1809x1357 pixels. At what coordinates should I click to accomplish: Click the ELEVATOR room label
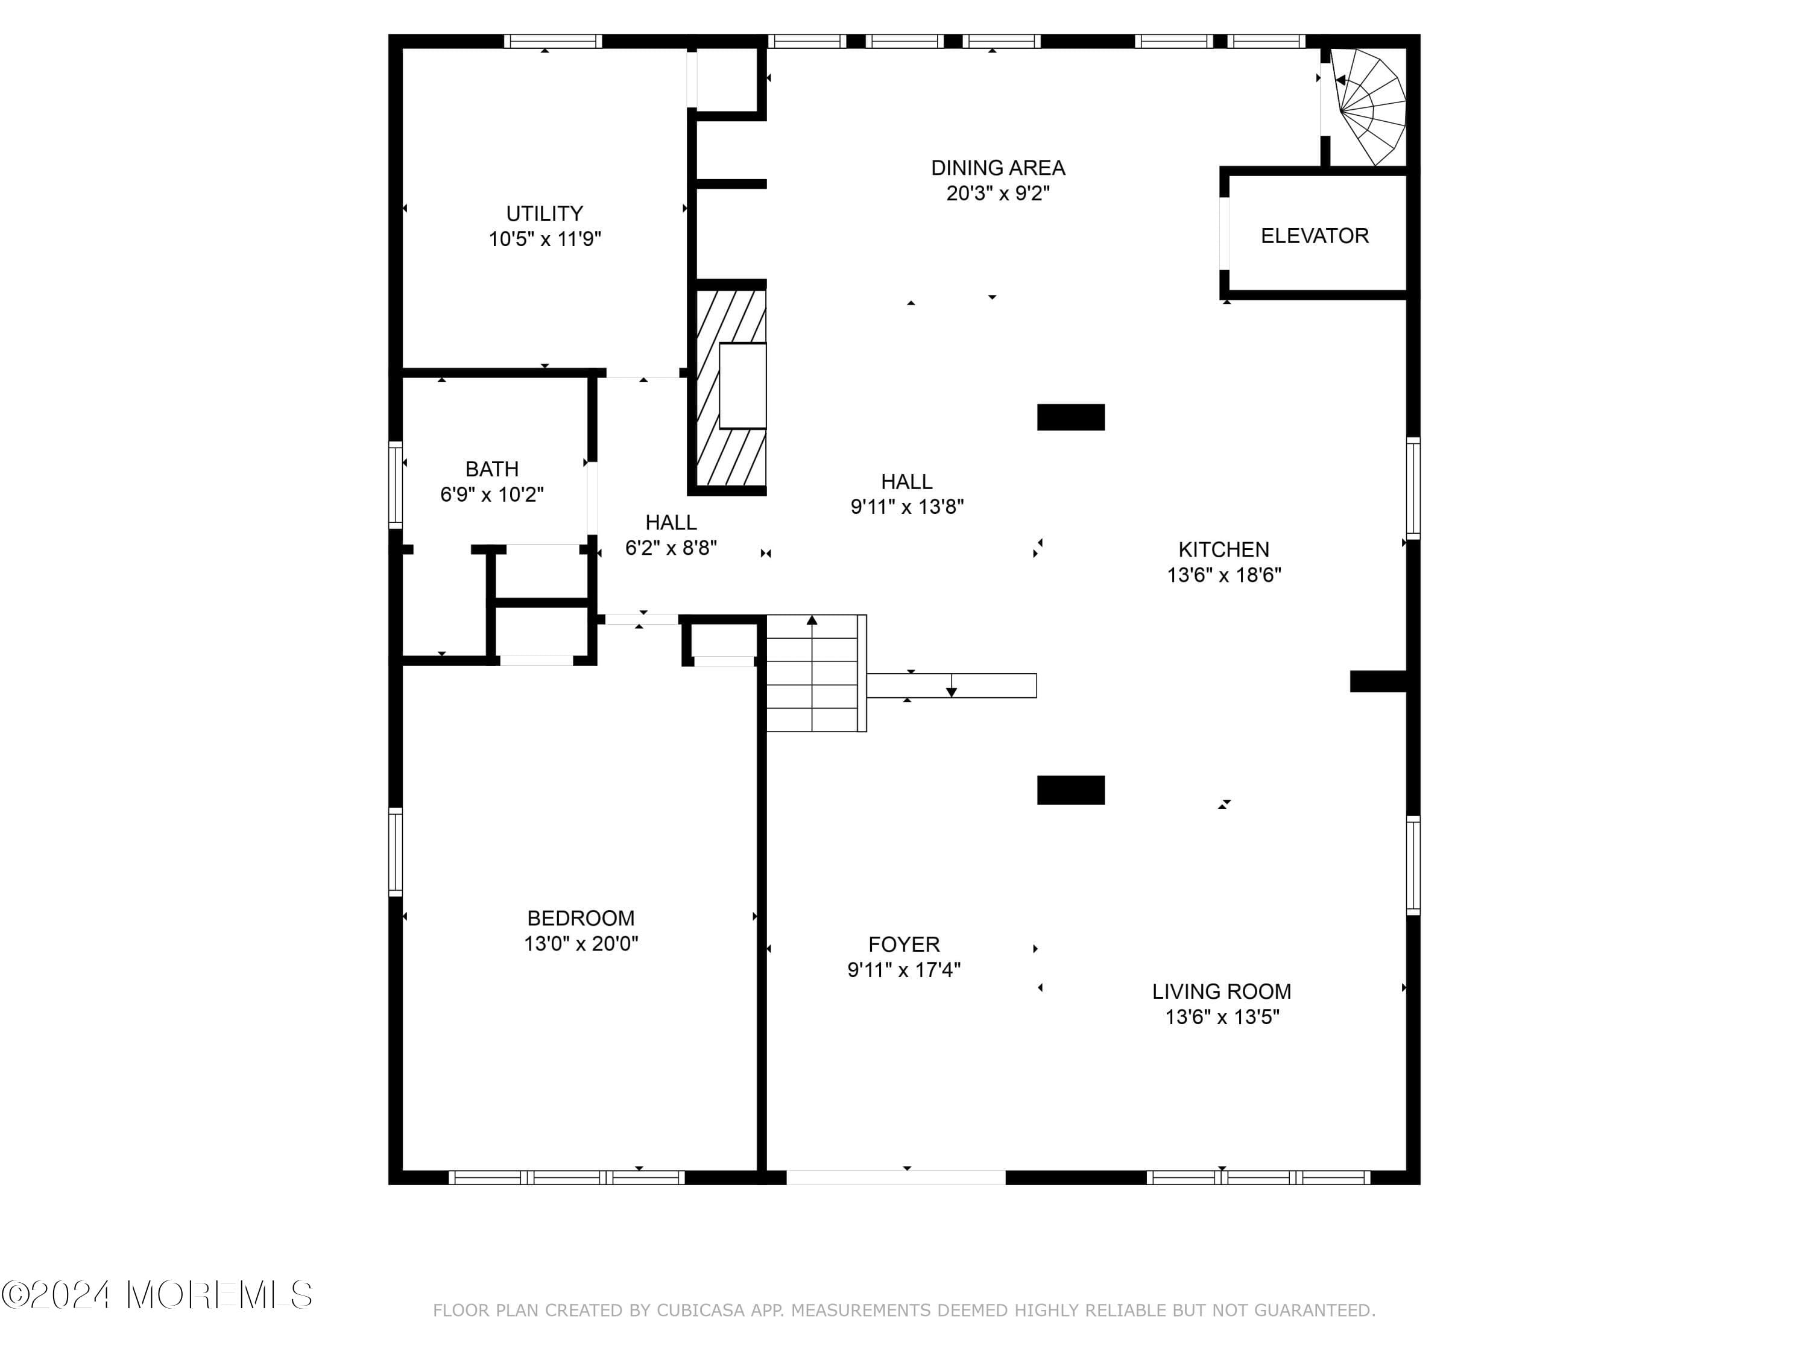1313,236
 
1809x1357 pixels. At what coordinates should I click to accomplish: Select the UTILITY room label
544,214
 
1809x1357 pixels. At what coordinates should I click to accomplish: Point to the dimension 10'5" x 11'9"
545,239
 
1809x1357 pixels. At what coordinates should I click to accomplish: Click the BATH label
491,469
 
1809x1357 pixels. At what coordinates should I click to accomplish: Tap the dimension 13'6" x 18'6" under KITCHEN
1223,575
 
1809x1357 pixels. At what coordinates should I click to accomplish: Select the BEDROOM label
580,918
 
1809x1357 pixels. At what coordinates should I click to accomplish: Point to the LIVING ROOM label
1221,992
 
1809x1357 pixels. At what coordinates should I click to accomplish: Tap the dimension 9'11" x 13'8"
906,507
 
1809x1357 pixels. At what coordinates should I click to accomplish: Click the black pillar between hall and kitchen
1070,417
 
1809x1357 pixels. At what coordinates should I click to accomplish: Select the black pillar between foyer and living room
1070,790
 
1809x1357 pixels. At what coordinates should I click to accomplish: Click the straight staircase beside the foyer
815,673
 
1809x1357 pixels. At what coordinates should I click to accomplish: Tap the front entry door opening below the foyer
895,1177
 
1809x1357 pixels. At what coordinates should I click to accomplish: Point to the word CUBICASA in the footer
701,1311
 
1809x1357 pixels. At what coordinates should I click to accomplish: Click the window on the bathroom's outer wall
395,484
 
